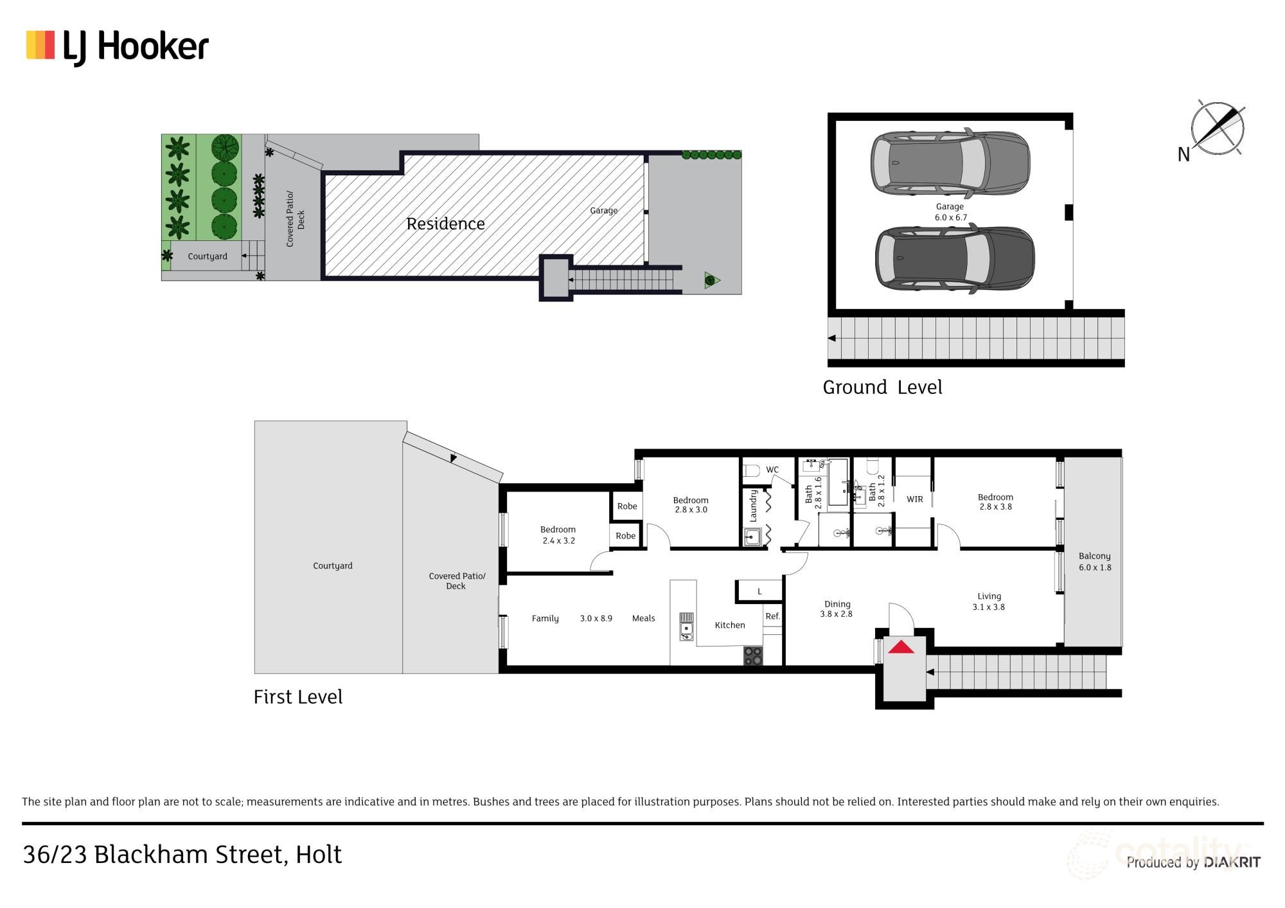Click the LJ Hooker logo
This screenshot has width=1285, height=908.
pyautogui.click(x=118, y=47)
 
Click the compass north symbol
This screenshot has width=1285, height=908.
pyautogui.click(x=1216, y=129)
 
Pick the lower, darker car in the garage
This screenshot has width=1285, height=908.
pyautogui.click(x=955, y=258)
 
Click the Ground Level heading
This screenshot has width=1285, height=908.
pyautogui.click(x=882, y=387)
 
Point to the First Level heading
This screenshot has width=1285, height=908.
pyautogui.click(x=298, y=697)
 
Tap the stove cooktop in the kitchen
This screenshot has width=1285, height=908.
pyautogui.click(x=753, y=656)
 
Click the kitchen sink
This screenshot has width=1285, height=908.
pyautogui.click(x=687, y=627)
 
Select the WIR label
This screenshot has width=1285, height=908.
pyautogui.click(x=915, y=499)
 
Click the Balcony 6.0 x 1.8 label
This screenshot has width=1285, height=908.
pyautogui.click(x=1095, y=562)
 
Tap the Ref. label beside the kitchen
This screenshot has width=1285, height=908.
pyautogui.click(x=772, y=616)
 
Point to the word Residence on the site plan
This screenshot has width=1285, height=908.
pyautogui.click(x=445, y=224)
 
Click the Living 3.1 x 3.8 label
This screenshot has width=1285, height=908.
pyautogui.click(x=989, y=601)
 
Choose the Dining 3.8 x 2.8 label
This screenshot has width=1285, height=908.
pyautogui.click(x=837, y=609)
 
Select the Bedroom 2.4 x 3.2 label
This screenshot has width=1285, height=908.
pyautogui.click(x=558, y=535)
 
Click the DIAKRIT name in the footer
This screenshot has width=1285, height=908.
pyautogui.click(x=1232, y=862)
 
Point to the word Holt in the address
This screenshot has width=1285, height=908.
pyautogui.click(x=319, y=855)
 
